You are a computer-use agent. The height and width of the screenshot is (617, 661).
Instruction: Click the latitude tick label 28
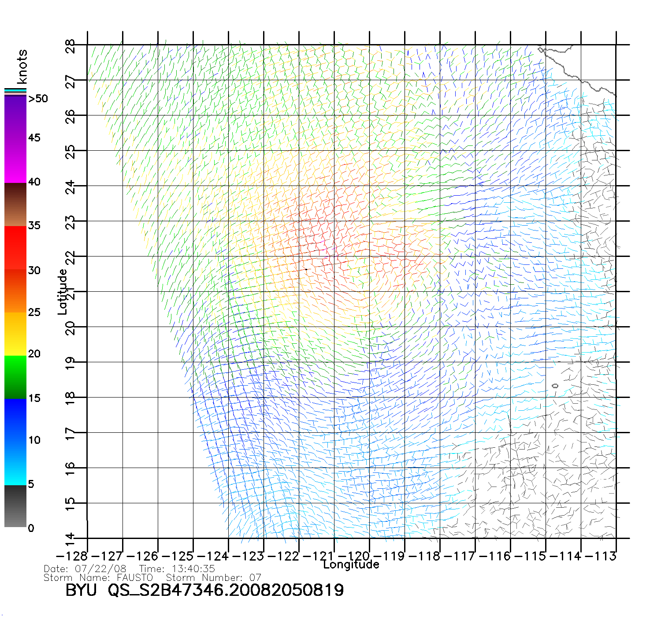click(x=71, y=45)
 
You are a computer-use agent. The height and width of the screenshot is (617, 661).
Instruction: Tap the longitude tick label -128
click(x=72, y=556)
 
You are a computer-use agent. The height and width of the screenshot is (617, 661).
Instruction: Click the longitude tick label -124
click(x=213, y=556)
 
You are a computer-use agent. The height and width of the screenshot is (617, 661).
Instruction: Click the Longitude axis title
click(x=351, y=565)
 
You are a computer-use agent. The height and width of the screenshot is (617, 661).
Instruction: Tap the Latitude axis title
click(x=63, y=292)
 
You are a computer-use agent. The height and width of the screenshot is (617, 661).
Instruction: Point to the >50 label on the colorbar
click(x=38, y=99)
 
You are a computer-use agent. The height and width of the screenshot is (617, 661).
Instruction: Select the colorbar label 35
click(x=34, y=226)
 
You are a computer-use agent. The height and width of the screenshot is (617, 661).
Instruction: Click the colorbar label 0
click(x=31, y=528)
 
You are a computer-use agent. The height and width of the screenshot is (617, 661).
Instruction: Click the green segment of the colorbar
click(x=15, y=377)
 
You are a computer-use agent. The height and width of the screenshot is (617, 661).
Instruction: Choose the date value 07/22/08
click(x=100, y=569)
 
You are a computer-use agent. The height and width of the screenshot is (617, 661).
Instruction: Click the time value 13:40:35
click(x=194, y=569)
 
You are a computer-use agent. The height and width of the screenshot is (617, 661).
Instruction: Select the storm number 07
click(x=255, y=577)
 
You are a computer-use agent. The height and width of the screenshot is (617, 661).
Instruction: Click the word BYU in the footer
click(x=81, y=590)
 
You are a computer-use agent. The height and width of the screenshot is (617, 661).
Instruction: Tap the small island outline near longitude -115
click(x=555, y=386)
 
